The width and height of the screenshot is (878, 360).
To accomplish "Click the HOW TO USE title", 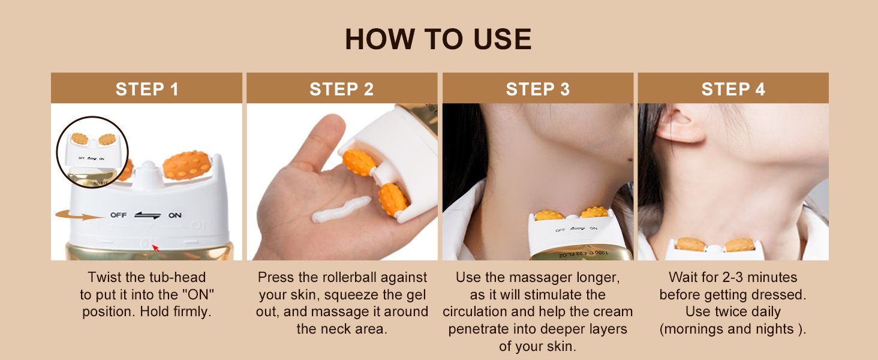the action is point(438,39).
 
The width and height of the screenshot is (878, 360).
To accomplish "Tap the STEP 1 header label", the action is point(147,89).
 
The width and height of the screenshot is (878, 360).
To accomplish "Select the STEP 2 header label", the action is point(341,89).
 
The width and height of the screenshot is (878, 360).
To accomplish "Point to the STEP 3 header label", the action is point(537,89).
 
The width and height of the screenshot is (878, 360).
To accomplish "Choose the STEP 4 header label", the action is point(733,89).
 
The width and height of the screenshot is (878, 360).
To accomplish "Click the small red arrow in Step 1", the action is point(155,248).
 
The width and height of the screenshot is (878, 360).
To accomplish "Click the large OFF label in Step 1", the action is point(118,215).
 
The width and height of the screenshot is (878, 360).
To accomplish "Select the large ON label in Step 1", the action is point(175,215).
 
